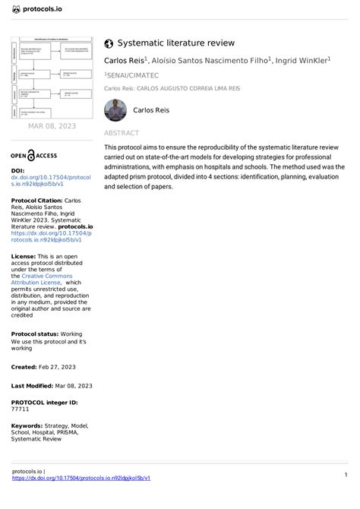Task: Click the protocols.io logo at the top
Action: tap(37, 10)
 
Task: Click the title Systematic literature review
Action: tap(175, 44)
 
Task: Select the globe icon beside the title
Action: tap(109, 44)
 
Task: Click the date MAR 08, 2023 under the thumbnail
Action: tap(51, 126)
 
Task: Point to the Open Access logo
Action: tap(33, 155)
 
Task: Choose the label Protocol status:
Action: tap(36, 334)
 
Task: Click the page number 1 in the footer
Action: tap(346, 475)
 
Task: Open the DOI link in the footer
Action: tap(81, 478)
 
